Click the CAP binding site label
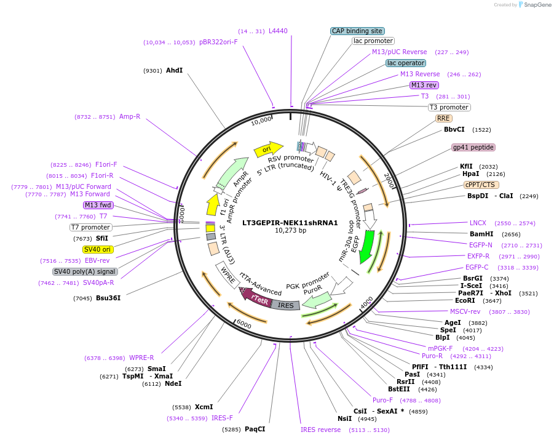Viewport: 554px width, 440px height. pos(357,31)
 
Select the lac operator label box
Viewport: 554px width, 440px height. pos(405,63)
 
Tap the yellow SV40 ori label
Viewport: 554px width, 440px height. pos(98,249)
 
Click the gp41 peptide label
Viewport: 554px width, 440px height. pos(473,147)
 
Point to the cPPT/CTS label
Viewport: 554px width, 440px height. pos(481,185)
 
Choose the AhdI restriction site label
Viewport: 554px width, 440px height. pos(174,71)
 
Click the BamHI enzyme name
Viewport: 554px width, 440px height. pos(481,234)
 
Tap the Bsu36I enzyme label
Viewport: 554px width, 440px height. pos(108,298)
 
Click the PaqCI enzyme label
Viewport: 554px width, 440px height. pos(255,429)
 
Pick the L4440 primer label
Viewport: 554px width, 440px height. pos(278,31)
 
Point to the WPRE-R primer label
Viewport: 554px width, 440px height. pos(141,358)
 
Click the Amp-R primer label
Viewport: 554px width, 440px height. pos(130,116)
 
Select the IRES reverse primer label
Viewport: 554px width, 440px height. pos(320,430)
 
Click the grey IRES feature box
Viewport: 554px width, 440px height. pos(286,305)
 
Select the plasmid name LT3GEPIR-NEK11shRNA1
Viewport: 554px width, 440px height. pos(290,222)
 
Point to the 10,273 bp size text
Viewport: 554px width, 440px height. pos(290,231)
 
